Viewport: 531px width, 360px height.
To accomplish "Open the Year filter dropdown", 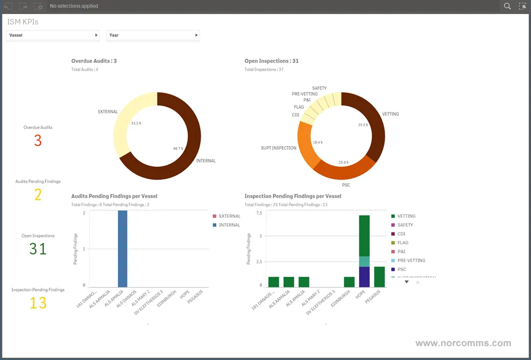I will (153, 35).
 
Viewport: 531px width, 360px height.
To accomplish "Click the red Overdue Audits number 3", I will (38, 141).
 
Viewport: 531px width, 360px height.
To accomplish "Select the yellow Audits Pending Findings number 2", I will (38, 195).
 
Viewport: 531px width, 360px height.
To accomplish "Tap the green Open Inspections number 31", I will (38, 248).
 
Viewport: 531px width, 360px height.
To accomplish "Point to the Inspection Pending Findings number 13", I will (38, 303).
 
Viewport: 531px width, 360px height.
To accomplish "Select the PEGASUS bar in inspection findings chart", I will (379, 277).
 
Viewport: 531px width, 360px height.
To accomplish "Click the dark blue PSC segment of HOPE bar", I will (364, 276).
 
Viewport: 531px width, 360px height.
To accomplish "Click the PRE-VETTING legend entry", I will (411, 261).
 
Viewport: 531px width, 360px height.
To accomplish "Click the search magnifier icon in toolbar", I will (507, 6).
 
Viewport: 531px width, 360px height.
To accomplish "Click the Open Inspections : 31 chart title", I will (271, 61).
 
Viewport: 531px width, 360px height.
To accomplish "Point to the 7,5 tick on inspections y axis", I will (259, 213).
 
